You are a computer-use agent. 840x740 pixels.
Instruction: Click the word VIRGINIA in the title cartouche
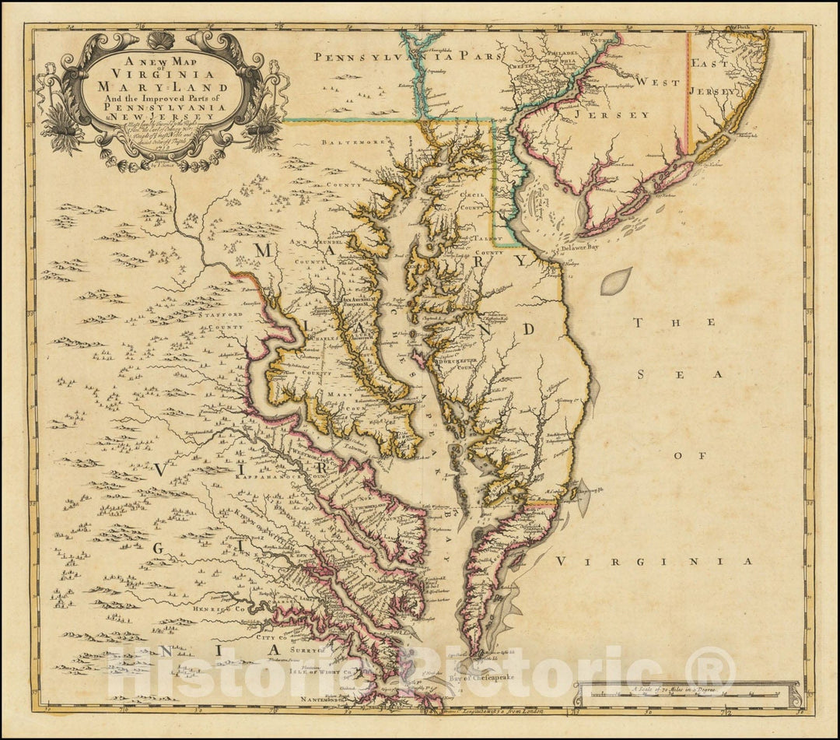tap(162, 77)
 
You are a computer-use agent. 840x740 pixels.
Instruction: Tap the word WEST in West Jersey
tap(653, 81)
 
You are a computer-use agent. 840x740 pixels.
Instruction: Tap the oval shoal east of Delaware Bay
tap(615, 281)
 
